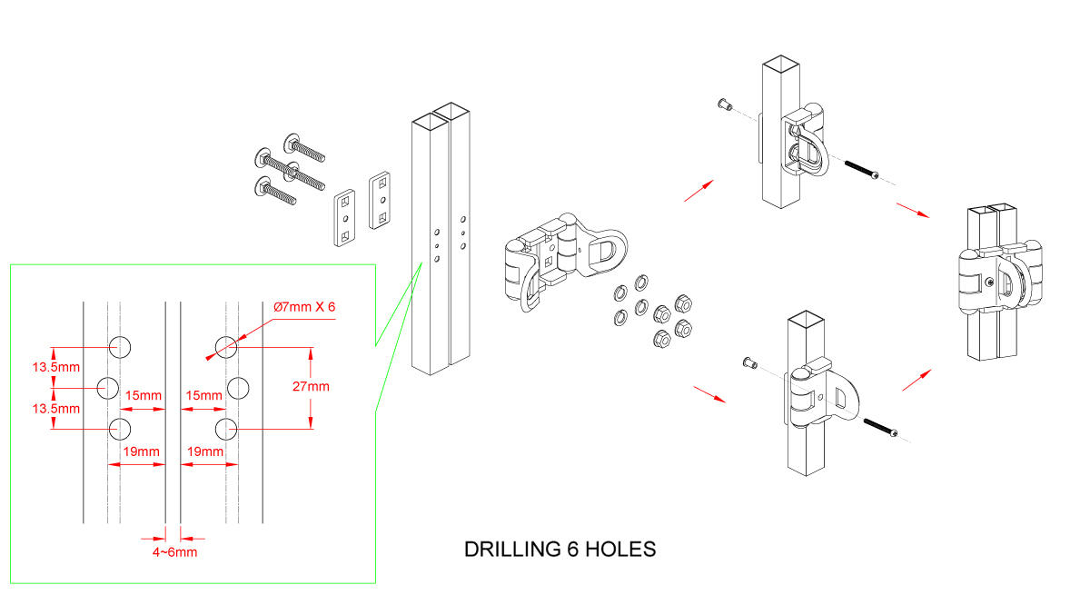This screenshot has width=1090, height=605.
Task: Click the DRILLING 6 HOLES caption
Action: click(560, 550)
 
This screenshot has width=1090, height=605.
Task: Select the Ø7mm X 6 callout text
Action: click(305, 307)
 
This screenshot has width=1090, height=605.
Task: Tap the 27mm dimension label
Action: click(312, 386)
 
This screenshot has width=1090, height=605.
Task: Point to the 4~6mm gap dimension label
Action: click(174, 551)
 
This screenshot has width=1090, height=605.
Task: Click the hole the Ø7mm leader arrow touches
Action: click(226, 345)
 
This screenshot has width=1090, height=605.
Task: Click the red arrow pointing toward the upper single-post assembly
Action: click(699, 190)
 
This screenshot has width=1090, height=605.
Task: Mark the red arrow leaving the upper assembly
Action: click(912, 210)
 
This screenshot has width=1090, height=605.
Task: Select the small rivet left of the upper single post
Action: click(723, 104)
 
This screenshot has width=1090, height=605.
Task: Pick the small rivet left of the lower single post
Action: click(748, 363)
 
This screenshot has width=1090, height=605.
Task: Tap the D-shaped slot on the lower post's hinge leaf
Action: click(845, 397)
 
